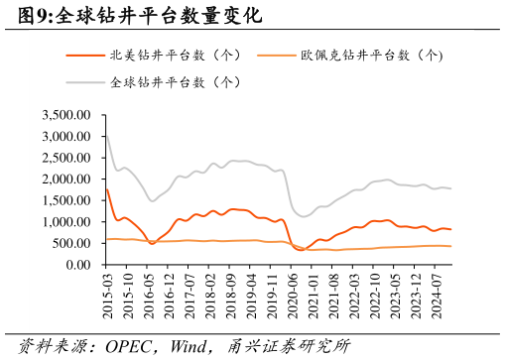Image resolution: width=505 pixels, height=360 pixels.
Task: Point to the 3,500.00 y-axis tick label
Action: [66, 116]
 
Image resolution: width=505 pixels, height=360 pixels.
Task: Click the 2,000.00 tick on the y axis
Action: [66, 180]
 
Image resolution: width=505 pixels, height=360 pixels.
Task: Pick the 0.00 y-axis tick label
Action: [78, 265]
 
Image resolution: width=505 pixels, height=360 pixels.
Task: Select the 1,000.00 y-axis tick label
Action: [66, 222]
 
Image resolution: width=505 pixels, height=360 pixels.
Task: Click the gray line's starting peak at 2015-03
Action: [106, 134]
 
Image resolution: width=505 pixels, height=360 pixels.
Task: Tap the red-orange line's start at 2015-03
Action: [106, 189]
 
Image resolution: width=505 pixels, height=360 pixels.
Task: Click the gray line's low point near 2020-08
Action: [304, 216]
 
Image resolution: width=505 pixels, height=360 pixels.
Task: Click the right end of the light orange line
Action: [451, 246]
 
